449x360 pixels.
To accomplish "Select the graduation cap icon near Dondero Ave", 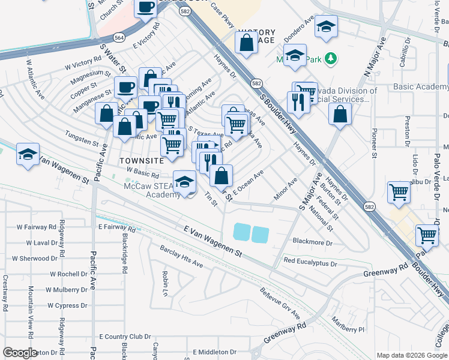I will (x=326, y=27).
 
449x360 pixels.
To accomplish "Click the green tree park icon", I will (x=330, y=58).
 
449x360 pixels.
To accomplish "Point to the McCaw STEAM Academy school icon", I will (x=184, y=182).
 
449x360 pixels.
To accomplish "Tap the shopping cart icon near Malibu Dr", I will (x=399, y=192).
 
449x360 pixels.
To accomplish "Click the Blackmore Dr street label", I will (x=312, y=242).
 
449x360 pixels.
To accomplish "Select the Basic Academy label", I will (x=420, y=86).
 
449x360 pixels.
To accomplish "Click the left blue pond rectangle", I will (x=241, y=232).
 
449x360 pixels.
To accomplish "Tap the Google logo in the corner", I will (x=20, y=352).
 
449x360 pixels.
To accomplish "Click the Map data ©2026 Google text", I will (x=411, y=355).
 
